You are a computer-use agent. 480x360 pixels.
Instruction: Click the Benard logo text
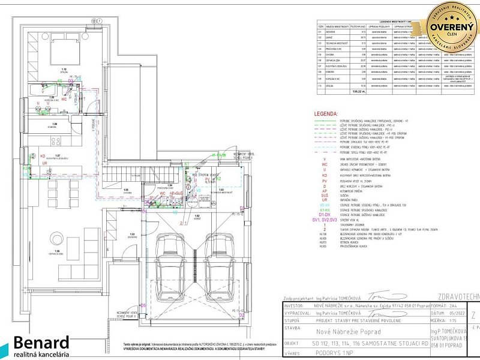click(42, 343)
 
